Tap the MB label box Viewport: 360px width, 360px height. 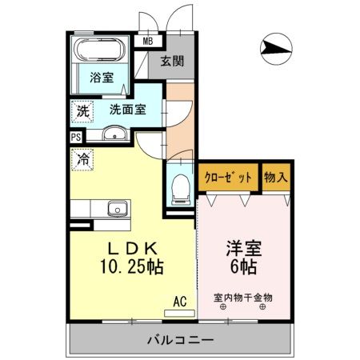(x=147, y=41)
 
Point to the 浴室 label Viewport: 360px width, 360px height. (x=101, y=78)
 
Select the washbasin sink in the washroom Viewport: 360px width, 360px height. (x=116, y=134)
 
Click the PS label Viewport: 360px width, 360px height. (x=76, y=137)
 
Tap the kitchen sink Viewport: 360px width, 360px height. (x=118, y=209)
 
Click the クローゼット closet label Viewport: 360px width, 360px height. (x=228, y=177)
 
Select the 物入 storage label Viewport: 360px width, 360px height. (x=276, y=177)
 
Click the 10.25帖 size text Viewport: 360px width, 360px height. (x=132, y=267)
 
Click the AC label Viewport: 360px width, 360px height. (x=181, y=302)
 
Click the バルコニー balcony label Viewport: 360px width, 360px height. (x=180, y=340)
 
